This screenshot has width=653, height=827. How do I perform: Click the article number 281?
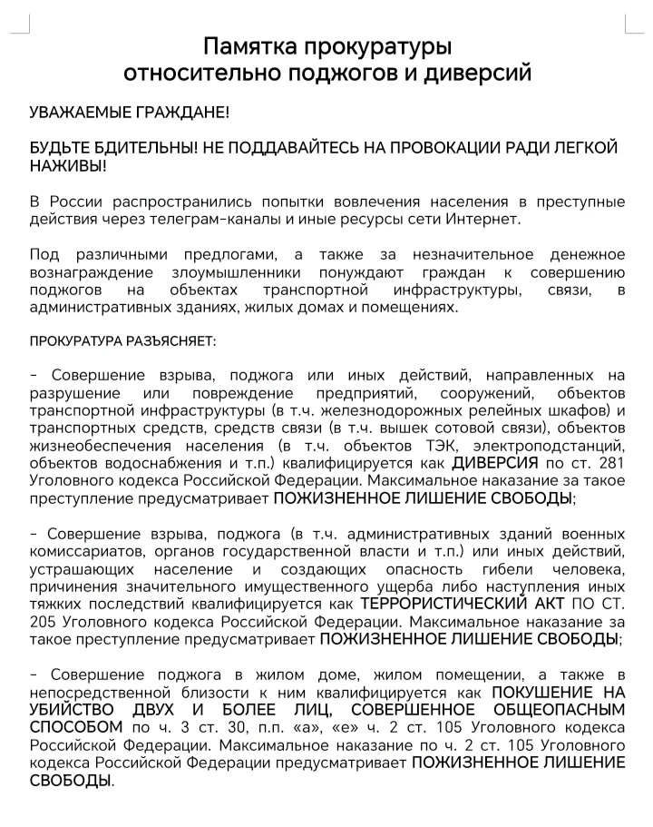coord(610,462)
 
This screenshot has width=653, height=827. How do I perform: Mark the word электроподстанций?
coord(547,445)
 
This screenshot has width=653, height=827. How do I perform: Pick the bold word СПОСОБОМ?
coord(76,727)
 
